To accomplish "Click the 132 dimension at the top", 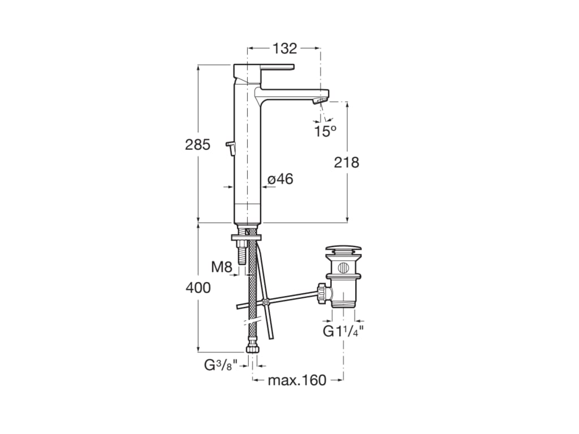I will [284, 49].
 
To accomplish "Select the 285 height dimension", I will [197, 145].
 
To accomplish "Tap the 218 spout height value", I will [346, 163].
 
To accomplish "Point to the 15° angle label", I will [325, 131].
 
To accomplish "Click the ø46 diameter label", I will [280, 179].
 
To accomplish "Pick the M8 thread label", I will [222, 267].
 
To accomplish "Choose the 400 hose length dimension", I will [198, 288].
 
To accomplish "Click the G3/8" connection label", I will [219, 365].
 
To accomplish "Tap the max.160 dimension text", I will [297, 380].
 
